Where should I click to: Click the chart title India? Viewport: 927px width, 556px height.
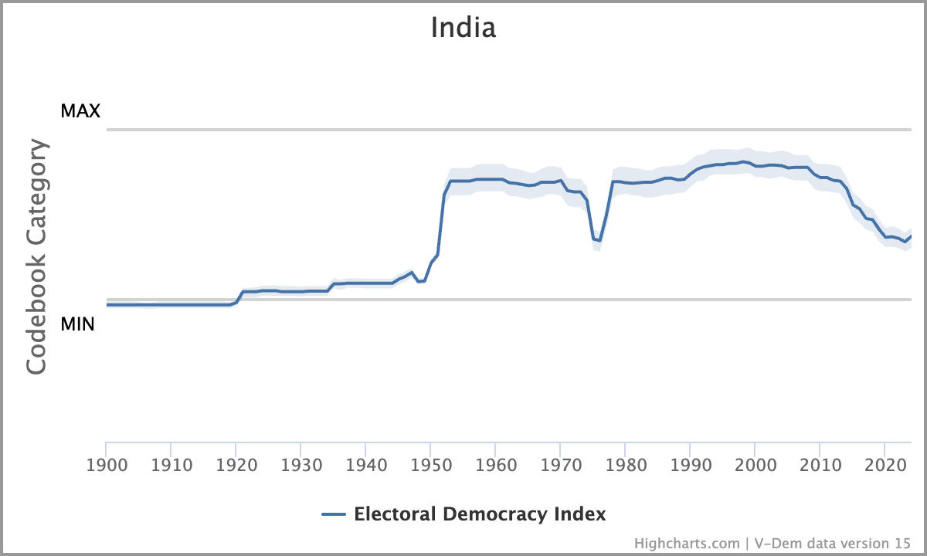tap(463, 28)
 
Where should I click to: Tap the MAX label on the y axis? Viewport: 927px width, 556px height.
tap(80, 111)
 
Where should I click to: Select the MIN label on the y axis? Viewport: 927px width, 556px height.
tap(78, 324)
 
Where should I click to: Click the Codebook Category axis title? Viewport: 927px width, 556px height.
tap(37, 257)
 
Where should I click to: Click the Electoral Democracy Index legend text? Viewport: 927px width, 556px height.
tap(480, 514)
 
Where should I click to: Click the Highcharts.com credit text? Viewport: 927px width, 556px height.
tap(688, 543)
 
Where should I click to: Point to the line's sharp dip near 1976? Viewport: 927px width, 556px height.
tap(598, 241)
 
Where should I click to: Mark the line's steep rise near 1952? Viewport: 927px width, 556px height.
tap(441, 224)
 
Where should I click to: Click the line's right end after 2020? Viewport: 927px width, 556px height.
tap(911, 236)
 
